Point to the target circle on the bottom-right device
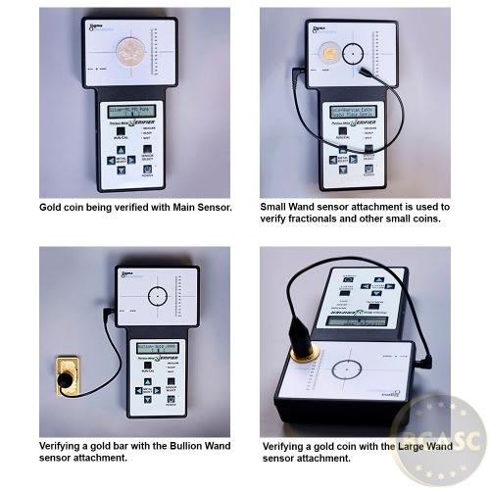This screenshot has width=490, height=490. pos(348,370)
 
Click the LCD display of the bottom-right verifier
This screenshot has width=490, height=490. pos(355,319)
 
